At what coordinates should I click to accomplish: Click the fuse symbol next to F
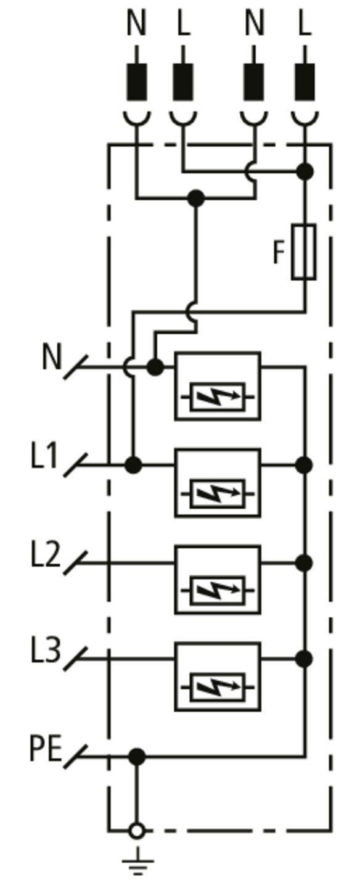click(304, 252)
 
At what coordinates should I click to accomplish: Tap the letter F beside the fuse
click(279, 253)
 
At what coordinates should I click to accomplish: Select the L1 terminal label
click(44, 456)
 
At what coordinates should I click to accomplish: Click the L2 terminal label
click(46, 554)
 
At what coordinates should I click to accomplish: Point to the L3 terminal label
click(46, 651)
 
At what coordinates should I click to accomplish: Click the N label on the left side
click(52, 357)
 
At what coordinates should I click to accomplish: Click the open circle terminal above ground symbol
click(137, 831)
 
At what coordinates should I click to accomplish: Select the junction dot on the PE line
click(137, 757)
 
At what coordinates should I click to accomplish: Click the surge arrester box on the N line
click(218, 386)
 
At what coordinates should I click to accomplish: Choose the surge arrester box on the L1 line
click(218, 483)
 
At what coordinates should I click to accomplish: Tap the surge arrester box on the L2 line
click(218, 580)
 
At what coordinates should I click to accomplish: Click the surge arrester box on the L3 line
click(218, 677)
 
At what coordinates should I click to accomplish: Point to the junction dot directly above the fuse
click(305, 171)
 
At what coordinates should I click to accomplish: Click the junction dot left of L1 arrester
click(133, 465)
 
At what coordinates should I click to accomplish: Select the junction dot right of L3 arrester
click(304, 659)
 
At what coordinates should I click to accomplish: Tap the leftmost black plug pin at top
click(137, 81)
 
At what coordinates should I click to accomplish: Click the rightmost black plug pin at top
click(305, 81)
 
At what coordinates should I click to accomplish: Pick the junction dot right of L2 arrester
click(304, 562)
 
